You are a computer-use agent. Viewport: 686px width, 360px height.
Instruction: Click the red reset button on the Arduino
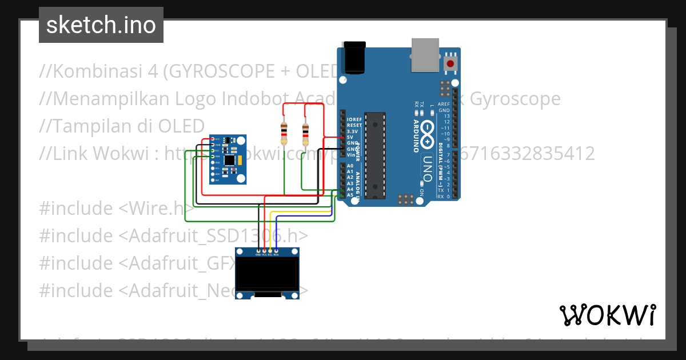(452, 63)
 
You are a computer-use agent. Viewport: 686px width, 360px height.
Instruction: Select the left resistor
(284, 134)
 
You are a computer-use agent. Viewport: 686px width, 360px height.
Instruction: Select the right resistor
(305, 135)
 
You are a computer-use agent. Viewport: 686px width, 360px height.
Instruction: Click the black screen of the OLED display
(268, 273)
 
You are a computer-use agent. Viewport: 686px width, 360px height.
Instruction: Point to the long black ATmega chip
(375, 155)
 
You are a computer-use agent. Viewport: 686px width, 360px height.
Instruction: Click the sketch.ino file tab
(101, 25)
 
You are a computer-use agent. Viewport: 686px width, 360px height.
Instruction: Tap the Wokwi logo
(608, 315)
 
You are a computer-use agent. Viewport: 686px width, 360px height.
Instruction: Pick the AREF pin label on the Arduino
(444, 105)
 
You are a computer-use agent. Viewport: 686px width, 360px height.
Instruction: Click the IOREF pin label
(354, 119)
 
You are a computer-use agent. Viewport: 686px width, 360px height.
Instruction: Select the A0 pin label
(350, 166)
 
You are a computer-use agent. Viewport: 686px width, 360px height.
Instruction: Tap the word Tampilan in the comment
(85, 126)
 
